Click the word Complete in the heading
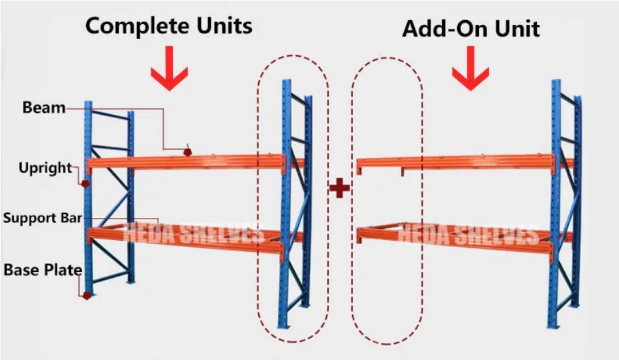[x=134, y=26]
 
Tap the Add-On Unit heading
[x=470, y=29]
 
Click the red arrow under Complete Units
[x=169, y=71]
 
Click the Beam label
[x=44, y=108]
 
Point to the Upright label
[x=45, y=168]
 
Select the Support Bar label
[x=42, y=217]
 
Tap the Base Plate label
[x=43, y=269]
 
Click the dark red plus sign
[x=339, y=188]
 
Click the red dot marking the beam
[x=188, y=152]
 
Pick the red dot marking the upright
[x=85, y=184]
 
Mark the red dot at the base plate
[x=87, y=295]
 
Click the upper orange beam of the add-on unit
[x=457, y=162]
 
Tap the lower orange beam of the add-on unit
[x=457, y=233]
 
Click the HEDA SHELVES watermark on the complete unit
[x=196, y=233]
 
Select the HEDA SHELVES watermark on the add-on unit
[x=469, y=233]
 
